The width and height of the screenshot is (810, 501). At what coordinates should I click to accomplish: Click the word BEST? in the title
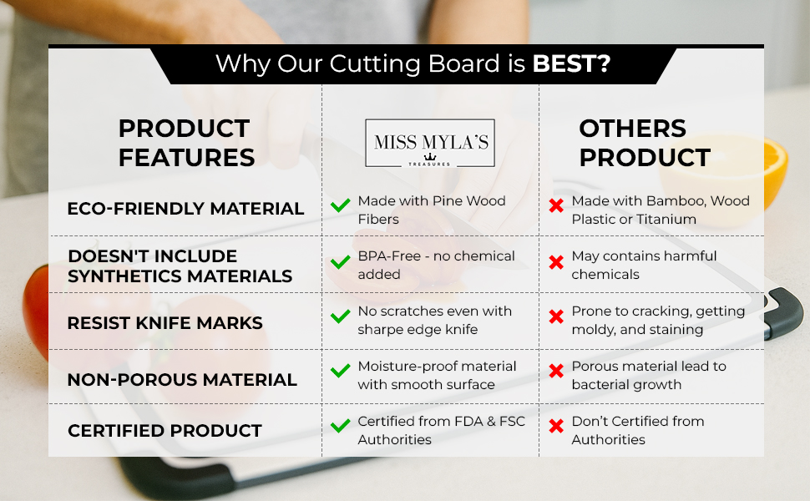click(571, 64)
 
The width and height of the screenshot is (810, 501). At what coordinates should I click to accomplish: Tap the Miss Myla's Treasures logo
click(430, 143)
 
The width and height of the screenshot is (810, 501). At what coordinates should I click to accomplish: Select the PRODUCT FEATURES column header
click(186, 143)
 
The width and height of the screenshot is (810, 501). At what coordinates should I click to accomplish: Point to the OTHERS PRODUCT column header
click(645, 143)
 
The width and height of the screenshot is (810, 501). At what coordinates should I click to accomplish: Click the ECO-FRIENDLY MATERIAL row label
click(185, 209)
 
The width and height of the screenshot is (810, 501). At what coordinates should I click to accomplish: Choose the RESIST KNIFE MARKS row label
click(165, 323)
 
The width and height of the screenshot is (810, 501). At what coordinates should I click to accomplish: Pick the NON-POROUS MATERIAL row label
click(182, 380)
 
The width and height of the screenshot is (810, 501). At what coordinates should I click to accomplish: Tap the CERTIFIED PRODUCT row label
click(165, 431)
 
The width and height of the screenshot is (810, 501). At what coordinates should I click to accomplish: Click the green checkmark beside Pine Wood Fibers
click(341, 206)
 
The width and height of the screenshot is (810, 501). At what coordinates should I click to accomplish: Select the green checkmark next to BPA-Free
click(341, 262)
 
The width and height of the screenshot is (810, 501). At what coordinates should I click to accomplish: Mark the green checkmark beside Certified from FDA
click(341, 426)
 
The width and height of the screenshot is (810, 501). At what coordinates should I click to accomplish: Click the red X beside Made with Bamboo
click(556, 206)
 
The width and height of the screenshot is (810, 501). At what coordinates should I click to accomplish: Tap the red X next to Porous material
click(556, 371)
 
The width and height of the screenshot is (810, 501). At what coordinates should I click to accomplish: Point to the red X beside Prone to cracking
click(556, 316)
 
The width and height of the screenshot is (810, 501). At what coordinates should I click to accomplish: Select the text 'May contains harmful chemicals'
click(644, 265)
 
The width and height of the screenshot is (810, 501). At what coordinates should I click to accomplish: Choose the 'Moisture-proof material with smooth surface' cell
click(437, 376)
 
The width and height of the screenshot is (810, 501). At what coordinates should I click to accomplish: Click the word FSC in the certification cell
click(512, 422)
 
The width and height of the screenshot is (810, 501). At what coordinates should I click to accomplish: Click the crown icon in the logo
click(430, 156)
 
